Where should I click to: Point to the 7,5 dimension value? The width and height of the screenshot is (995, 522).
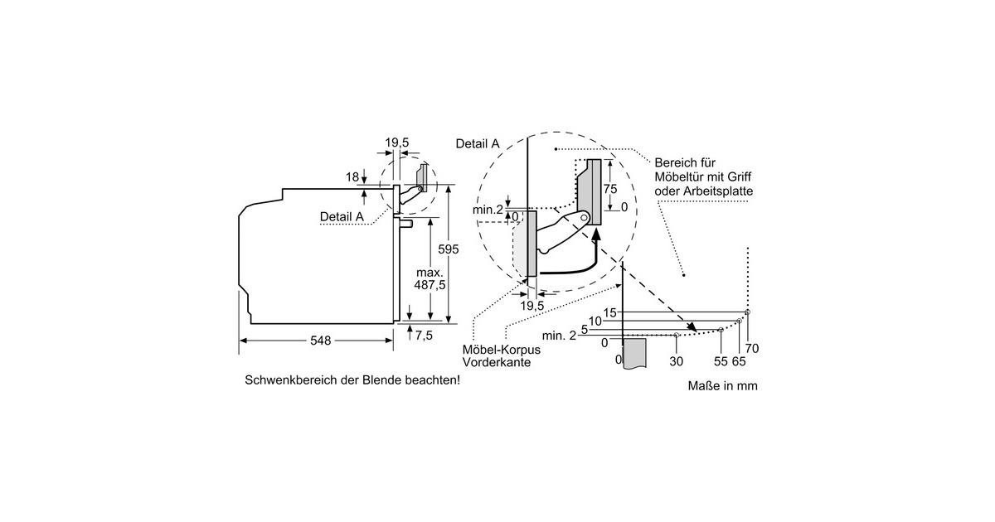[424, 336]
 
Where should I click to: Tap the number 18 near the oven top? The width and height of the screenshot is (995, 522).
[352, 176]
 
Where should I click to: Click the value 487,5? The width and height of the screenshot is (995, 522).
[430, 284]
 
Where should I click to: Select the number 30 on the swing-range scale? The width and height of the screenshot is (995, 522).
[676, 361]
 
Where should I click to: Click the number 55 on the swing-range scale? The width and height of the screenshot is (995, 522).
[720, 361]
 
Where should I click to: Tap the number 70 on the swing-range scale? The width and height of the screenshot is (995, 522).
[753, 348]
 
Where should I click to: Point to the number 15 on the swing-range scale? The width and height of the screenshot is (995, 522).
[611, 312]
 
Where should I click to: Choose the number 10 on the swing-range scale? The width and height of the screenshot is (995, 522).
[595, 321]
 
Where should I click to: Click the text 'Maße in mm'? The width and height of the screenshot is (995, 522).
[722, 386]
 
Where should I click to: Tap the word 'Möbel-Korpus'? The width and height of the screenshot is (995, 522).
[497, 350]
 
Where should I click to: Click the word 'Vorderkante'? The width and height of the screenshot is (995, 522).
[497, 362]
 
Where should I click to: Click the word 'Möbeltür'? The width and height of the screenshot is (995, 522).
[680, 177]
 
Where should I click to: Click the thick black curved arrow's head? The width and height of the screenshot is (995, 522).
[595, 238]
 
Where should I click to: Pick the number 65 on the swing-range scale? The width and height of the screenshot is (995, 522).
[739, 361]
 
